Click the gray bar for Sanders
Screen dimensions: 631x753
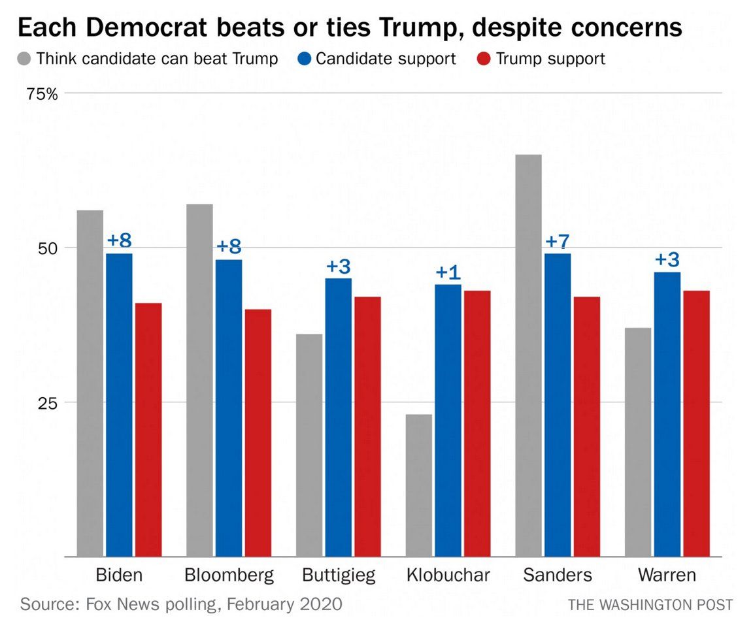pyautogui.click(x=528, y=355)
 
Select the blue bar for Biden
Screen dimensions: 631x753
pyautogui.click(x=119, y=405)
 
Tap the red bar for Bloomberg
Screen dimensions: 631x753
pyautogui.click(x=258, y=432)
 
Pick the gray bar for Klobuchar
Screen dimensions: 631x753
pyautogui.click(x=418, y=485)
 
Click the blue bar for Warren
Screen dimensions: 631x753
pyautogui.click(x=667, y=414)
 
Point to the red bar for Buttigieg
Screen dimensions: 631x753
pyautogui.click(x=367, y=426)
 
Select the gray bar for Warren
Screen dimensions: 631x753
pyautogui.click(x=638, y=442)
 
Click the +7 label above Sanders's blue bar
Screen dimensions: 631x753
pyautogui.click(x=558, y=242)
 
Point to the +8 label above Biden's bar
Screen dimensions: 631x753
pyautogui.click(x=119, y=240)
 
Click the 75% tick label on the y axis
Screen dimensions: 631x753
pyautogui.click(x=42, y=94)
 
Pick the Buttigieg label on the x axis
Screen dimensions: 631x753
pyautogui.click(x=339, y=575)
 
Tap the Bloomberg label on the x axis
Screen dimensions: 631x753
pyautogui.click(x=229, y=575)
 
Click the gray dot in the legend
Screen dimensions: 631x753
pyautogui.click(x=24, y=59)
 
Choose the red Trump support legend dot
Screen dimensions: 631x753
pyautogui.click(x=483, y=59)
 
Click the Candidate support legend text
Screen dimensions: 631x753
pyautogui.click(x=386, y=59)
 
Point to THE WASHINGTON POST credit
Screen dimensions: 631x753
pyautogui.click(x=650, y=605)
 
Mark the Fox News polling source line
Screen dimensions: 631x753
pyautogui.click(x=181, y=604)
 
